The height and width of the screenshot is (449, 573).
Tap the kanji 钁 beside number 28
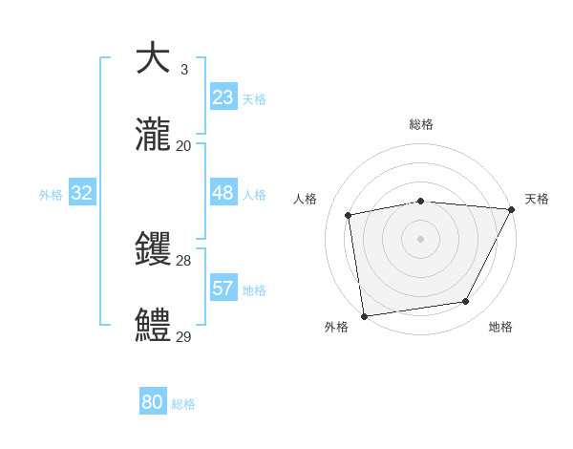coord(153,250)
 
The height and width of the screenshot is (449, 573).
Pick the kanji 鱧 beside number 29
coord(153,326)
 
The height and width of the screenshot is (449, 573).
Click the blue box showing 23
coord(223,96)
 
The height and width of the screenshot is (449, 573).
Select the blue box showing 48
coord(223,193)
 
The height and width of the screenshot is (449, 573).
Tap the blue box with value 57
coord(223,288)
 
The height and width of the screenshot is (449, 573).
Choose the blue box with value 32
coord(82,193)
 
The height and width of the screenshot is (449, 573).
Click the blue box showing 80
coord(153,402)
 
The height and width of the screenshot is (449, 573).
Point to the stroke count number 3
coord(183,69)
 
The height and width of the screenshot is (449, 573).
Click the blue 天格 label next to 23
coord(254,98)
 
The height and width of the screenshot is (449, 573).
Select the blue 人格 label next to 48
coord(254,195)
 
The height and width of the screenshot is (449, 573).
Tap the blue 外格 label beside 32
coord(51,195)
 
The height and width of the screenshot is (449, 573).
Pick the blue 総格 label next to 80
coord(183,404)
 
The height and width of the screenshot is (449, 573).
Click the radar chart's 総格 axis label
coord(420,124)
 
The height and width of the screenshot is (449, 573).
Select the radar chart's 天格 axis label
coord(537,199)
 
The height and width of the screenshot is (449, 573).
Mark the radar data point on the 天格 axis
coord(511,209)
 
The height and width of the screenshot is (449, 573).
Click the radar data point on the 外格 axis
coord(364,315)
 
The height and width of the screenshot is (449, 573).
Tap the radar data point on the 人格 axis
coord(349,215)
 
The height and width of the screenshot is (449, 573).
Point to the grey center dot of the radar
coord(420,238)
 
